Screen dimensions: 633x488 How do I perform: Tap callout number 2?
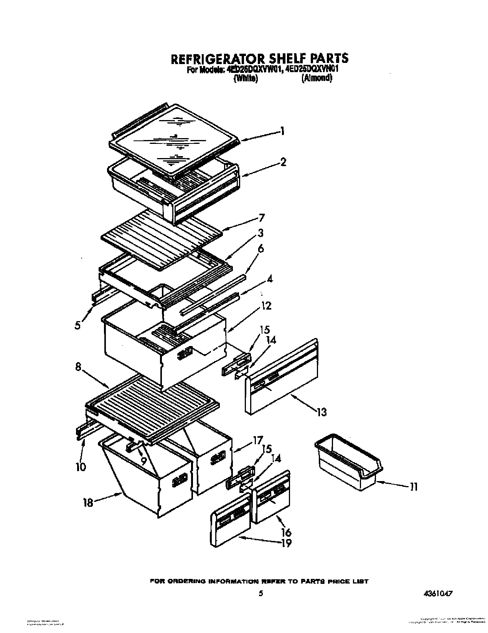[283, 162]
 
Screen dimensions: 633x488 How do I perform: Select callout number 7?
[261, 218]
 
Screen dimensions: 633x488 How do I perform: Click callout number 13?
[321, 412]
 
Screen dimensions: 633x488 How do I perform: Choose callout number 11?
[413, 487]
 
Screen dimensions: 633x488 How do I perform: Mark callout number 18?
[88, 502]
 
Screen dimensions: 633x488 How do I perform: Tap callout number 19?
[286, 543]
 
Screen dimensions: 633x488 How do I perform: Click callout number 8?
[78, 367]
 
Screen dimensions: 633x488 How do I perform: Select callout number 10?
[81, 467]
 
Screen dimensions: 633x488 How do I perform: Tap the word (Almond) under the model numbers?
[316, 78]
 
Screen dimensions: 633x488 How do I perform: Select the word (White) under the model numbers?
[245, 79]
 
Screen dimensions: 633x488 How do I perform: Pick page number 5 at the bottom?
[261, 593]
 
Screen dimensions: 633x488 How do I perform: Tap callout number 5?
[78, 325]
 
